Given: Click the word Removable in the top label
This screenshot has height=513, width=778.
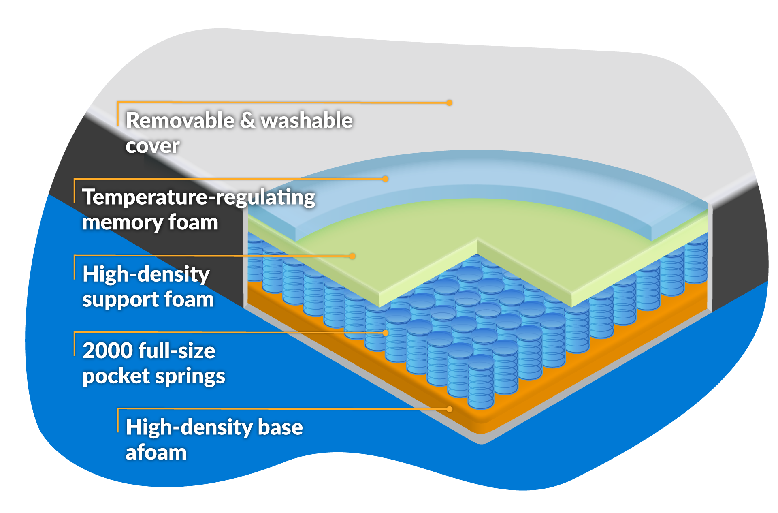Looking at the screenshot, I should click(180, 121).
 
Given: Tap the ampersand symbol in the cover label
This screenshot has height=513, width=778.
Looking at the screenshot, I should click(247, 121).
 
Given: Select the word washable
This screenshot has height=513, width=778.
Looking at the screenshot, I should click(307, 121).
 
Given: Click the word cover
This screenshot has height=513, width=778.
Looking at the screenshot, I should click(152, 146).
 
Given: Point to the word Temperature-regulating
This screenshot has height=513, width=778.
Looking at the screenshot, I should click(198, 198).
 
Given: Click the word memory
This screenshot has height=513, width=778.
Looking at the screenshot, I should click(122, 223).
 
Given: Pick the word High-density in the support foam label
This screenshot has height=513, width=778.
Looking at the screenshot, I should click(146, 274).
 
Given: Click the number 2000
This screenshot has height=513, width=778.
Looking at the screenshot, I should click(108, 351).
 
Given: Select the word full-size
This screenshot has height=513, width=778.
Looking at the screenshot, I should click(177, 351).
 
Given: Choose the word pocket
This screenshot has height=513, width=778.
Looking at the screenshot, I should click(116, 376).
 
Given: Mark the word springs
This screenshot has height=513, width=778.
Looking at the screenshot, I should click(190, 376).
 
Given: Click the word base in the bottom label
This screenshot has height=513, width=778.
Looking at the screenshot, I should click(280, 427).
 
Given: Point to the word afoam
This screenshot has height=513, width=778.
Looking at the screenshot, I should click(156, 453).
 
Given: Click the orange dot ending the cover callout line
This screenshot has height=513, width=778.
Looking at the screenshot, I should click(449, 103).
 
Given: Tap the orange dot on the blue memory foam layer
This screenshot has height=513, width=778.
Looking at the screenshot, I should click(386, 179).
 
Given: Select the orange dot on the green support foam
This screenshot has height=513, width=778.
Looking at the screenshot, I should click(352, 256).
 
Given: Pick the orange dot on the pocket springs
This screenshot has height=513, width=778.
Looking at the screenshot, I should click(386, 333).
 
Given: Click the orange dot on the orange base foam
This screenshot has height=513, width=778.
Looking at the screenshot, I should click(449, 409).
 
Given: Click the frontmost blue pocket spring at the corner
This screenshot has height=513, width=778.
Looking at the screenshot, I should click(481, 383).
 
